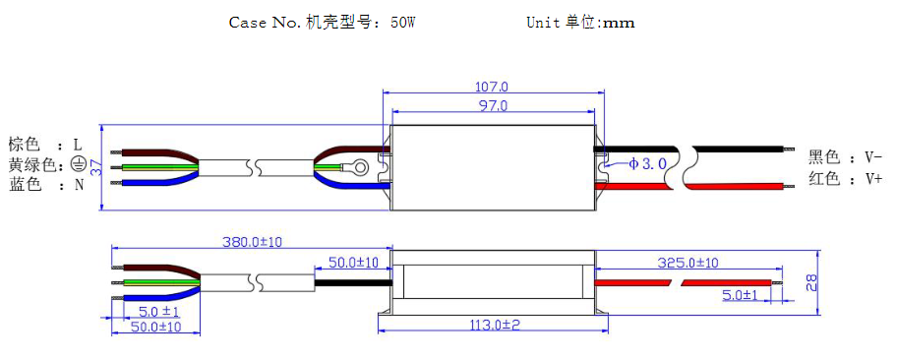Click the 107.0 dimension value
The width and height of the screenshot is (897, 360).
click(x=493, y=88)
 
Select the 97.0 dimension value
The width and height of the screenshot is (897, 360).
click(x=493, y=104)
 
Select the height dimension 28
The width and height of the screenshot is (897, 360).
click(x=838, y=282)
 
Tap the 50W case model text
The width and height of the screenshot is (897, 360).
click(x=403, y=23)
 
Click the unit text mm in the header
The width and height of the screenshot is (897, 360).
click(x=619, y=23)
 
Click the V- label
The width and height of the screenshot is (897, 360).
click(x=873, y=156)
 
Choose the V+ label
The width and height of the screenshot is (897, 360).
click(x=873, y=178)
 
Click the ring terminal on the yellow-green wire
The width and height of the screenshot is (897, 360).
click(x=361, y=167)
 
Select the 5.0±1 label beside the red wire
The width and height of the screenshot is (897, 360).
click(x=740, y=295)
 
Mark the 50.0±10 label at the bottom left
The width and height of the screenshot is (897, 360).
click(x=155, y=327)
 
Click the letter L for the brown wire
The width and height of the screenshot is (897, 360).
click(x=78, y=145)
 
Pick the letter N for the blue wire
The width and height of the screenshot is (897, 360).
click(x=79, y=185)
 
